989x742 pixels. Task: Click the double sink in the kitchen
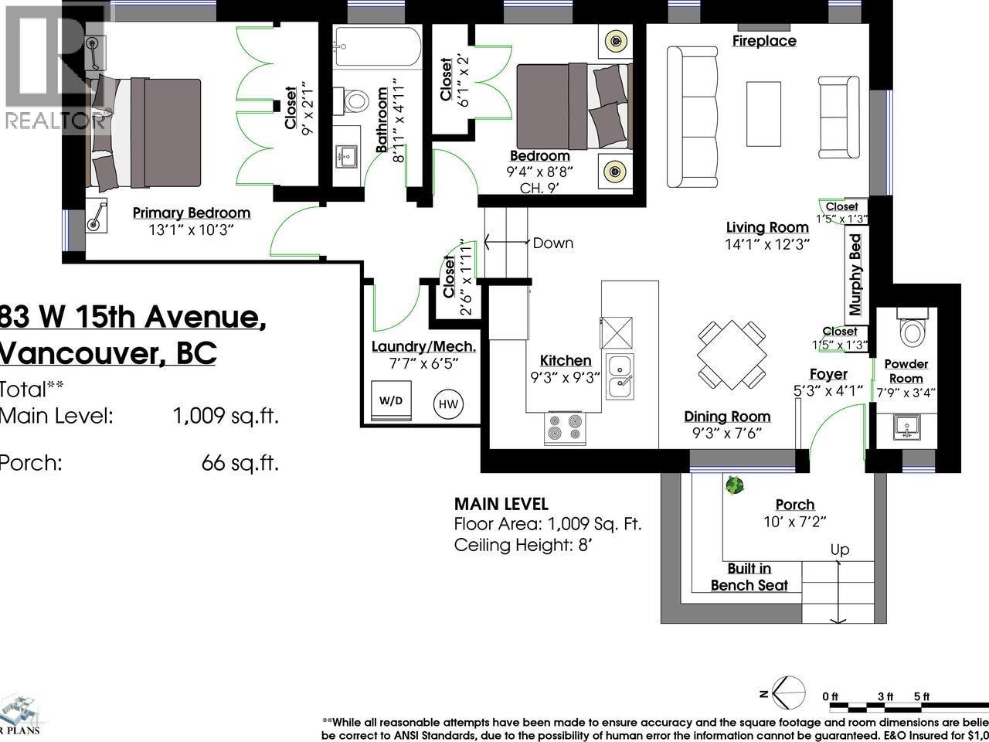coord(620,376)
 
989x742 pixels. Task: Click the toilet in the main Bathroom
coord(355,100)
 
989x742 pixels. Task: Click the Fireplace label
coord(764,41)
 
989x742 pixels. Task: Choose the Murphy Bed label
coord(855,274)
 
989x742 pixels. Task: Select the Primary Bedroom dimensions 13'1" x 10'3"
coord(191,230)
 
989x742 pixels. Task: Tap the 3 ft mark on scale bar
coord(885,696)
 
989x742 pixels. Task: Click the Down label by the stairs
coord(552,243)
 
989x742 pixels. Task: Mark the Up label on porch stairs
coord(840,550)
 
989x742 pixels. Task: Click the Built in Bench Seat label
coord(749,577)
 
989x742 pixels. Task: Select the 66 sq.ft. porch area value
coord(240,463)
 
